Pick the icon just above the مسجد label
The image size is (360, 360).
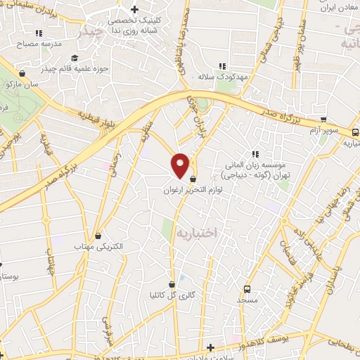[247, 288]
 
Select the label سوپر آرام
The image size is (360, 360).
[324, 131]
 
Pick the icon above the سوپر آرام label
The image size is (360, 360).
[323, 120]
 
